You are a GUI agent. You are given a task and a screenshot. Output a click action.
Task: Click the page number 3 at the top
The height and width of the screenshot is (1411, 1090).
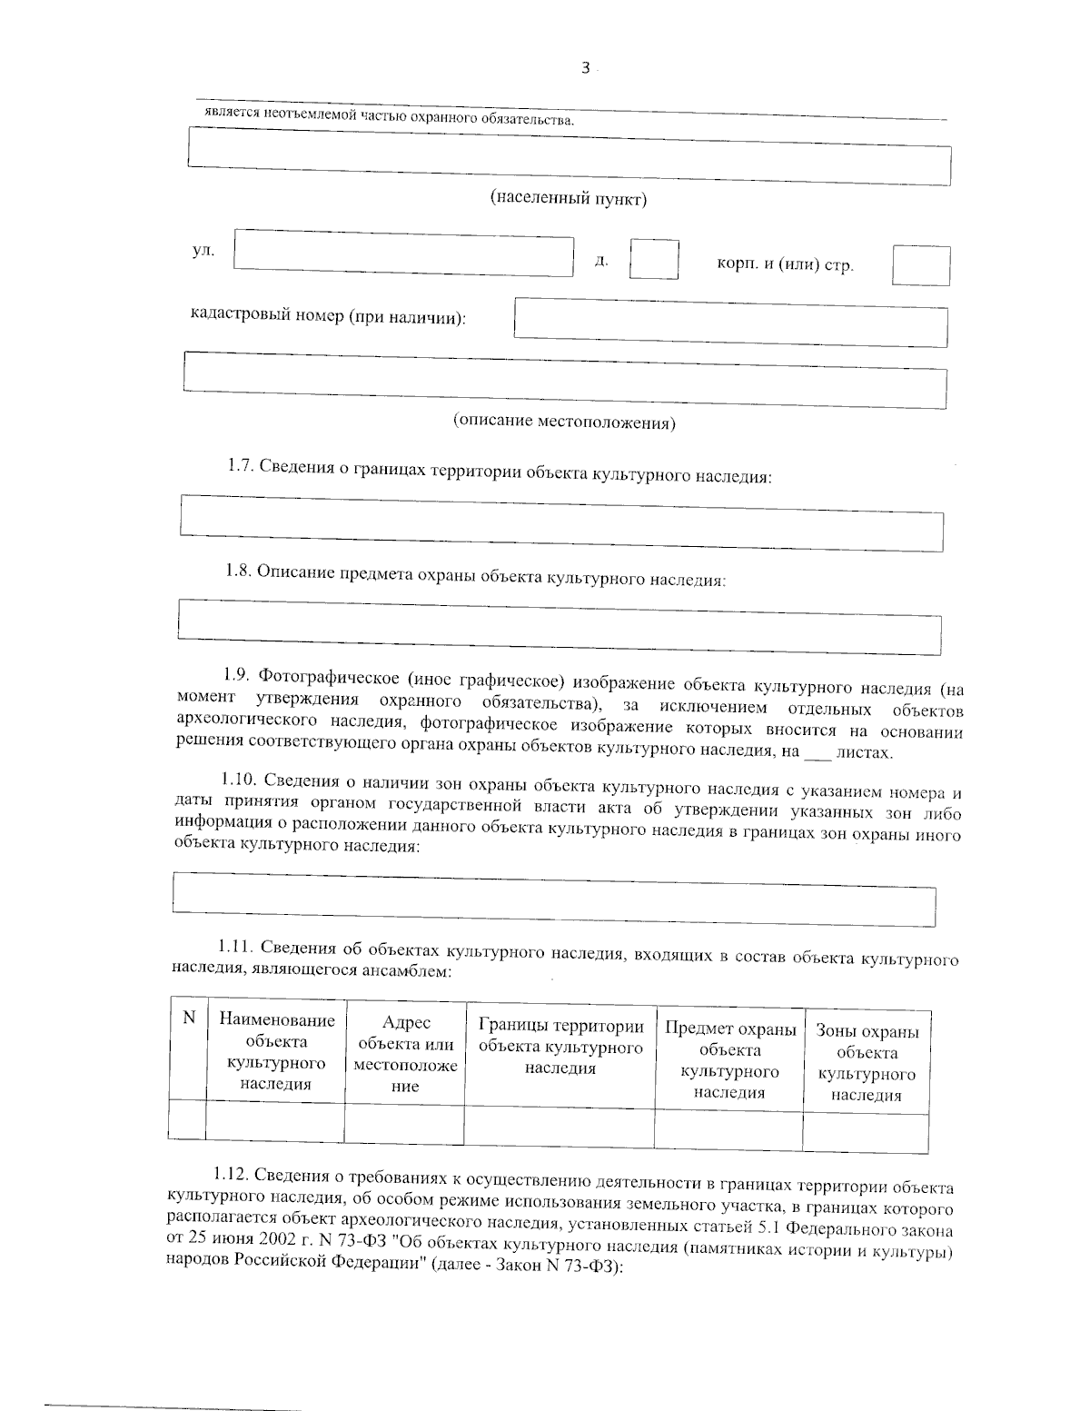tap(586, 67)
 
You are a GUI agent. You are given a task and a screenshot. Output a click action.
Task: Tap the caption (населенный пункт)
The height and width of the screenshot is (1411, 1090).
tap(569, 199)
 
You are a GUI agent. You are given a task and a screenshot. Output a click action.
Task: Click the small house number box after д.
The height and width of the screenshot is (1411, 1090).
tap(654, 260)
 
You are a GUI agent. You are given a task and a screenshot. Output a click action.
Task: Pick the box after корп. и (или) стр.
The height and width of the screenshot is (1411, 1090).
tap(921, 266)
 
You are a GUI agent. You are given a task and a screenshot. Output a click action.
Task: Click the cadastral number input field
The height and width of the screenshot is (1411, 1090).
tap(731, 323)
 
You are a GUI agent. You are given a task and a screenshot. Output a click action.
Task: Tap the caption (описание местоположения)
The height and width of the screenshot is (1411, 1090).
tap(564, 422)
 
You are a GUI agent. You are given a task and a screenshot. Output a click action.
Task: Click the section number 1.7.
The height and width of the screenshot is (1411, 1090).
tap(241, 466)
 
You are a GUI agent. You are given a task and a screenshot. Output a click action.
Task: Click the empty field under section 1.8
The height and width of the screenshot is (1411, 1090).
tap(560, 628)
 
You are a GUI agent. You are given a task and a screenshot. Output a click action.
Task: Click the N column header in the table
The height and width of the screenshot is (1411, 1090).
tap(189, 1019)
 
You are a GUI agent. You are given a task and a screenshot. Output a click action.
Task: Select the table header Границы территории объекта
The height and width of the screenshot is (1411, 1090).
tap(560, 1048)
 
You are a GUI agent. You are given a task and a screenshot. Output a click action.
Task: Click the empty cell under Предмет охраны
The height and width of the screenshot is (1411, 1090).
tap(728, 1128)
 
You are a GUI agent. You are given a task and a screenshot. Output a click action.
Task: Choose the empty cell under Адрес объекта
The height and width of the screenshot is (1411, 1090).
tap(404, 1125)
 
